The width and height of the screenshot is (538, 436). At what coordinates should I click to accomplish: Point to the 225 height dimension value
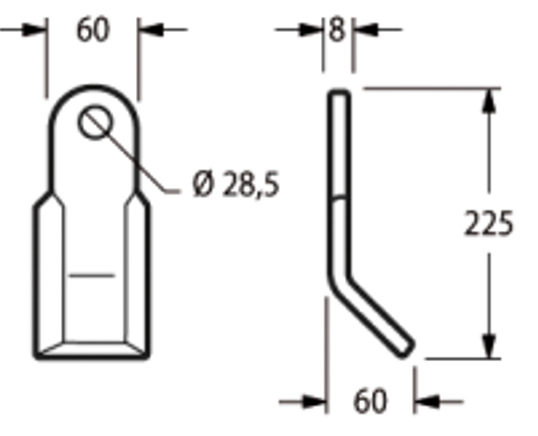489,224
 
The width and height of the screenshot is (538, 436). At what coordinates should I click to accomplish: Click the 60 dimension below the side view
370,401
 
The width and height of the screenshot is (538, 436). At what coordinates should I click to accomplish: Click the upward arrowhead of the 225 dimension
489,101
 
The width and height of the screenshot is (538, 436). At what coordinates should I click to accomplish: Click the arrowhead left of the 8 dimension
311,30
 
